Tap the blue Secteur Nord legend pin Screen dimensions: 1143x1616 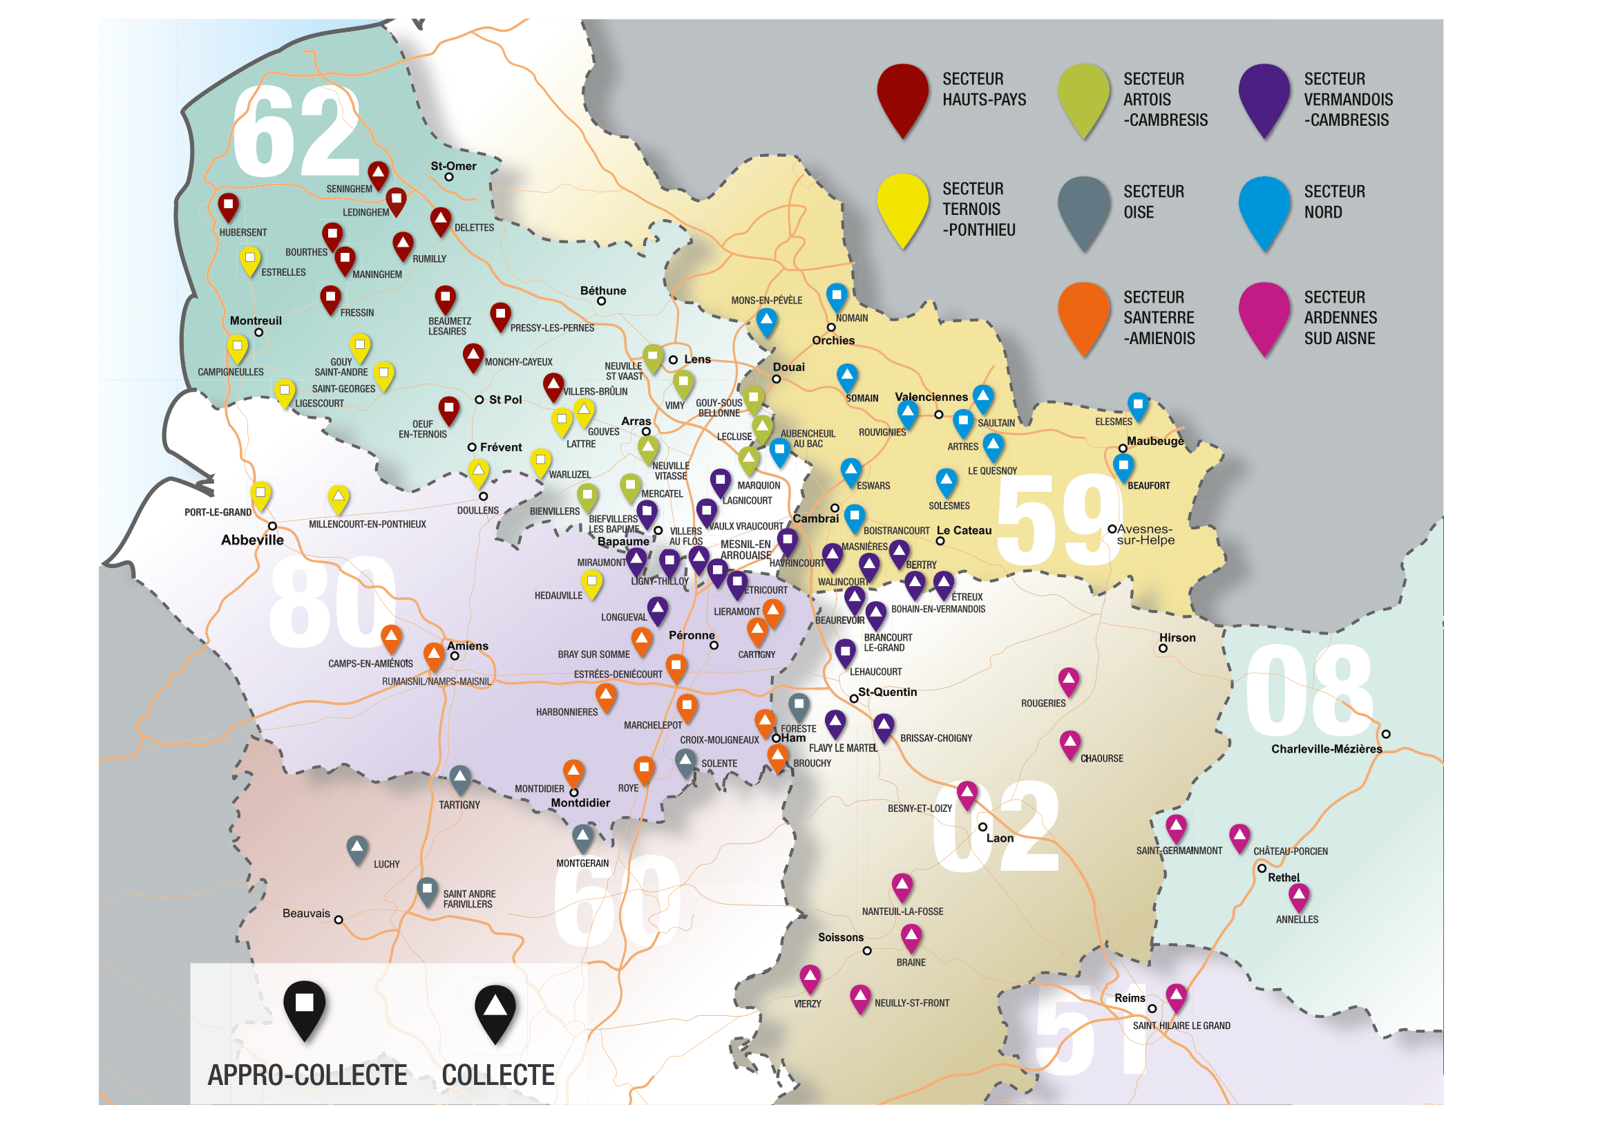[1265, 210]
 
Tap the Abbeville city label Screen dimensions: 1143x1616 [252, 540]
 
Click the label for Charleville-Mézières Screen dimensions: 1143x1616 [1326, 749]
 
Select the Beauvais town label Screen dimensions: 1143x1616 [306, 914]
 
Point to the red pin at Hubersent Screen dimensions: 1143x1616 [228, 206]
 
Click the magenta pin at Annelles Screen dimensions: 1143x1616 [1299, 897]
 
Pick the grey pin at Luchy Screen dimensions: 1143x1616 [358, 849]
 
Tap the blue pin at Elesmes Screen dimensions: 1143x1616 [1138, 406]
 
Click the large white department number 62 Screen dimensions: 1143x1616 [296, 132]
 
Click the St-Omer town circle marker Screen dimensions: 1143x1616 [449, 178]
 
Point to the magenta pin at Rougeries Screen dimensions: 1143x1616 [1069, 681]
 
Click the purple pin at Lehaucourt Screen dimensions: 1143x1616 [845, 652]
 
